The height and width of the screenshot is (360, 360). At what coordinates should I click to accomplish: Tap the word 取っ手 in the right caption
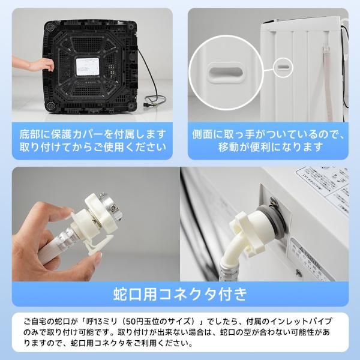coord(240,133)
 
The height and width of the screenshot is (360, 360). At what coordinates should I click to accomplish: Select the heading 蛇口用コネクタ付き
coord(179,294)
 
